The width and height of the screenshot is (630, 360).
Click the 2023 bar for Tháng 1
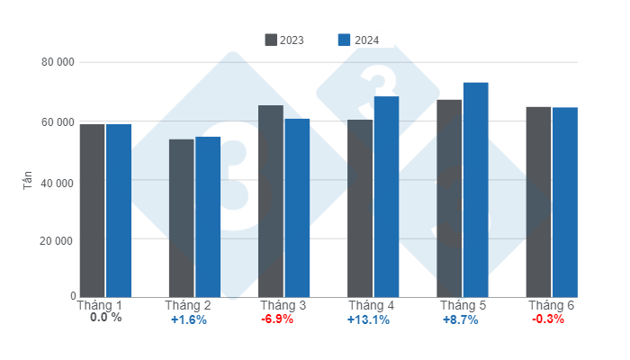tap(92, 211)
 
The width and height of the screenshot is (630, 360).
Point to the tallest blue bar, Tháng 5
tap(475, 190)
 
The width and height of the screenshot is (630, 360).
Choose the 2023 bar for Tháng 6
tap(538, 202)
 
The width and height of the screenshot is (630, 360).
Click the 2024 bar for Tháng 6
tap(565, 202)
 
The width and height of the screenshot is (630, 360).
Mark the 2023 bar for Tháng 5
tap(449, 198)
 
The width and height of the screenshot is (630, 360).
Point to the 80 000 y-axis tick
tap(56, 63)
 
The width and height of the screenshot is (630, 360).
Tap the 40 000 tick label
tap(56, 182)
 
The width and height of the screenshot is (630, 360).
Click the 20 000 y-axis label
tap(56, 241)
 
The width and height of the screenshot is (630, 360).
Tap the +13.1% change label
tap(368, 319)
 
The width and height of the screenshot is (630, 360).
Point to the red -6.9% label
tap(277, 319)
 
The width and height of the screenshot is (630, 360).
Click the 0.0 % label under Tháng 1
tap(105, 318)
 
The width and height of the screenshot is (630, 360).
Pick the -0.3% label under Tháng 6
tap(548, 319)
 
